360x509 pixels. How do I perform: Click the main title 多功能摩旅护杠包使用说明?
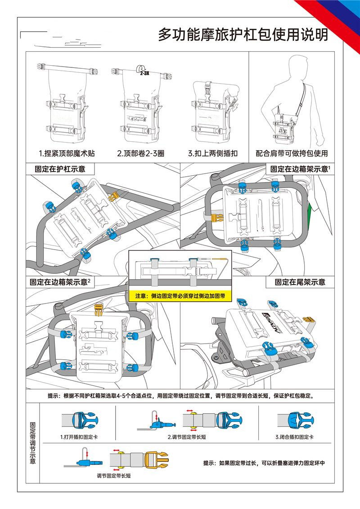[x=243, y=35]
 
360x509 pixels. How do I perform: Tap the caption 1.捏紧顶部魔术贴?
[x=67, y=153]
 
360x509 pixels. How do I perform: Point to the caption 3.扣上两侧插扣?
[x=213, y=153]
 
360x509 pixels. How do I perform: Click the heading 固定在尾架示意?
[x=300, y=282]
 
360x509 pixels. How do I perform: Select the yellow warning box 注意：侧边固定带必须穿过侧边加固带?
[x=180, y=296]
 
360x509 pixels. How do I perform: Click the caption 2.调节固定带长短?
[x=187, y=437]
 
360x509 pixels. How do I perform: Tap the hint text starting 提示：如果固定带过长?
[x=264, y=463]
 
